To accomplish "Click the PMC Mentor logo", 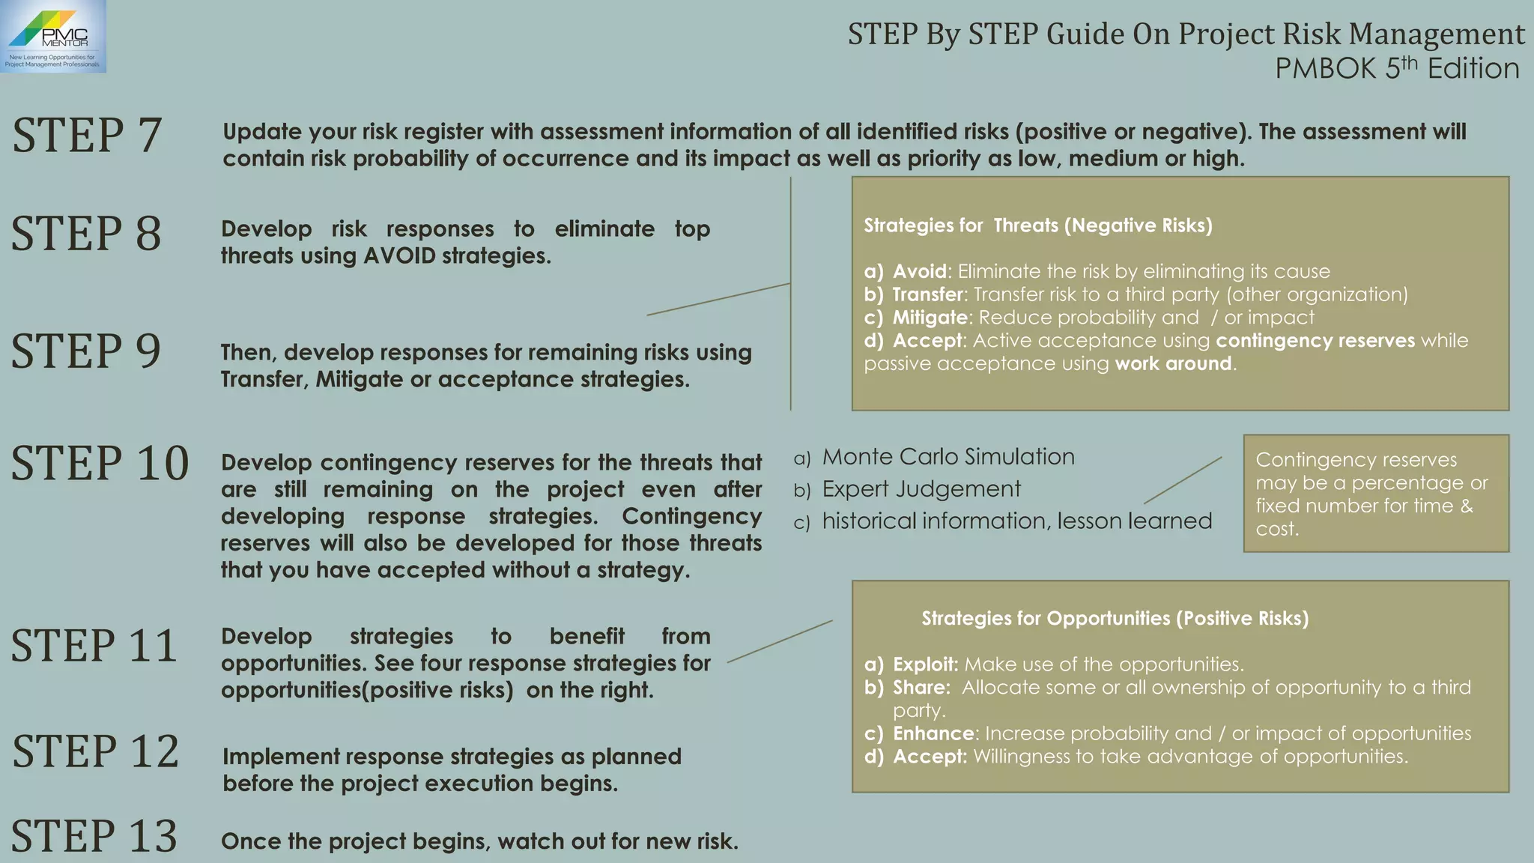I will (x=52, y=36).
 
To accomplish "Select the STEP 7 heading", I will (x=87, y=136).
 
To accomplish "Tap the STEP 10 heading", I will (x=100, y=463).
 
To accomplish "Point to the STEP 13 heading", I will (x=94, y=836).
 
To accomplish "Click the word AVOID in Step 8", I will (x=399, y=256).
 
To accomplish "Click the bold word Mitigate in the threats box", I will (x=930, y=318).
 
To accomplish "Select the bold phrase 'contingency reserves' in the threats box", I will (x=1315, y=341).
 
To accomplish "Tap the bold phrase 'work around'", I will (x=1173, y=364).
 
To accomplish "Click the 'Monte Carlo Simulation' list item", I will (x=948, y=457).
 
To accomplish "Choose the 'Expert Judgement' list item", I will (x=921, y=489).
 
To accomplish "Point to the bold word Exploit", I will (x=925, y=664).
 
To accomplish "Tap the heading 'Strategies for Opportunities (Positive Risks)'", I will (x=1115, y=619).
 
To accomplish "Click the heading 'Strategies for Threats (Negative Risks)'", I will (x=1037, y=225).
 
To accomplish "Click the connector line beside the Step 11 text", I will (x=779, y=641).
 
